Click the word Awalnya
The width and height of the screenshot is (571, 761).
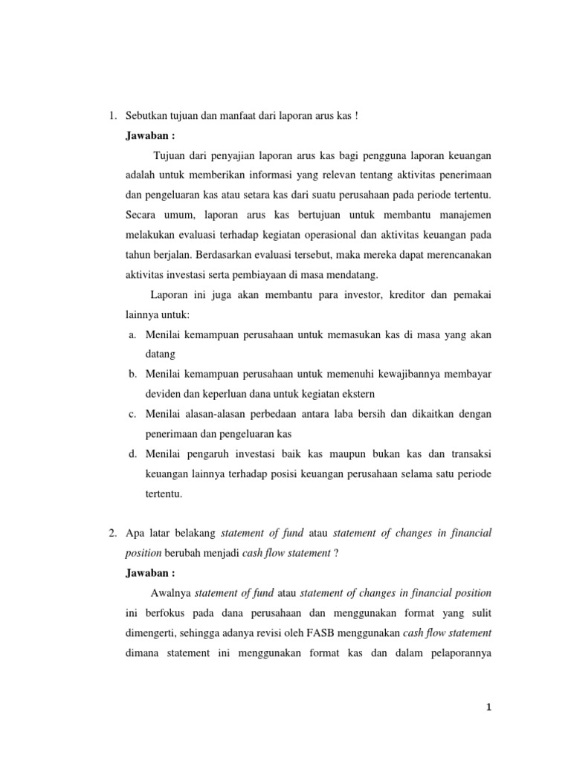click(x=170, y=593)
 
